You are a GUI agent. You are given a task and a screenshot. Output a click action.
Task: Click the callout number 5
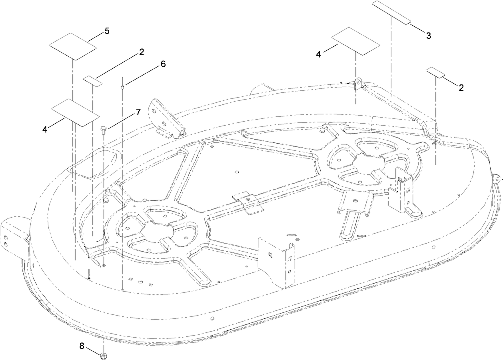[x=107, y=31]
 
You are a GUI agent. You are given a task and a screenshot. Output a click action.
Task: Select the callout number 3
[x=428, y=35]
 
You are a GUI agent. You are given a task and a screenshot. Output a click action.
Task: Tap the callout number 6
[x=163, y=64]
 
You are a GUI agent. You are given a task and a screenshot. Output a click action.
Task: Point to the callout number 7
[x=138, y=112]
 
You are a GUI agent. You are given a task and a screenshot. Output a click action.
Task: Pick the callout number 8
[x=82, y=335]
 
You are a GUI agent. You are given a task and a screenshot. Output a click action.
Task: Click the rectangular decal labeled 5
[x=73, y=46]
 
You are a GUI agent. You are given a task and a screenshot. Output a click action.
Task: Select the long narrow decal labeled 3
[x=392, y=13]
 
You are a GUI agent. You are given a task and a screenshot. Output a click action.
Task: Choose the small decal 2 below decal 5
[x=93, y=80]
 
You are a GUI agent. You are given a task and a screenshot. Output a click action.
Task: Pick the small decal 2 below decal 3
[x=435, y=73]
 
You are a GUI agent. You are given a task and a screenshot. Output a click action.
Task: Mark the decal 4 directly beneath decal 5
[x=75, y=112]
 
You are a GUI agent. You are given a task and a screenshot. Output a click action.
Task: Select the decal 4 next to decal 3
[x=355, y=41]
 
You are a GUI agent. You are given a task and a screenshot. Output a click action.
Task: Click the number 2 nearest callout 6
[x=142, y=52]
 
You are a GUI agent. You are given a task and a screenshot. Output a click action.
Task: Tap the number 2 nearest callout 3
[x=461, y=88]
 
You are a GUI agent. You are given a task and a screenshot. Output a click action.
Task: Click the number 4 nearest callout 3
[x=318, y=54]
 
